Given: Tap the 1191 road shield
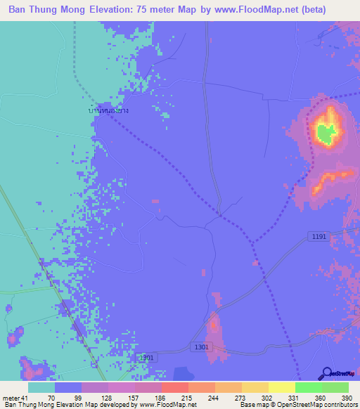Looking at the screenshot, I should [319, 238].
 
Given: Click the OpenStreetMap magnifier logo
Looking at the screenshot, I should [326, 375].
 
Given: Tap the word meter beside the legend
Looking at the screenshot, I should [9, 398].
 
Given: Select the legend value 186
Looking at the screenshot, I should [140, 398].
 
